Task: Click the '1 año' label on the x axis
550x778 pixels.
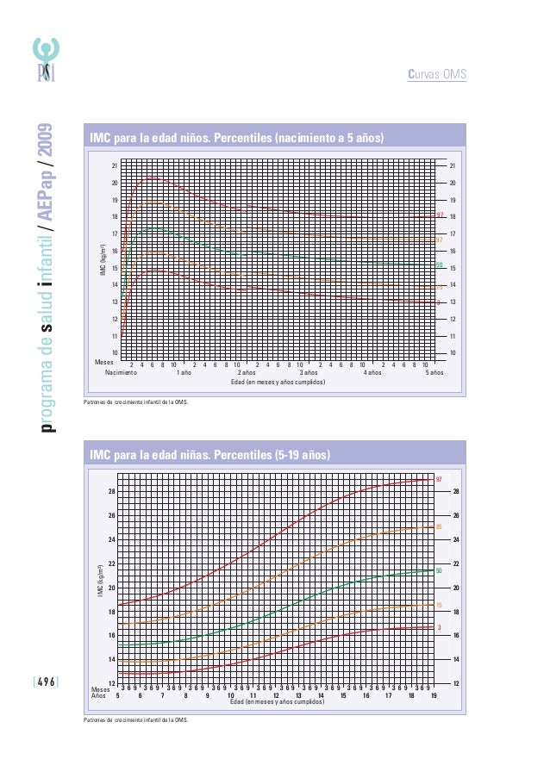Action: tap(184, 372)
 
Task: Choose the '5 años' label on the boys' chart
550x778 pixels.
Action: tap(434, 372)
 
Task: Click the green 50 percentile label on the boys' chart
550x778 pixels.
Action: tap(439, 265)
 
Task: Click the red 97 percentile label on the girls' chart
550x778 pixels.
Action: tap(439, 479)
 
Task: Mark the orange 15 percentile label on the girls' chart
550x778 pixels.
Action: tap(439, 606)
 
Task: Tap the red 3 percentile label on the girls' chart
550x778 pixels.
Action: tap(439, 627)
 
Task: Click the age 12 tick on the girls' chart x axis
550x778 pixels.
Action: tap(276, 695)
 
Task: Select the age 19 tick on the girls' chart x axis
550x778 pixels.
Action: tap(434, 695)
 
